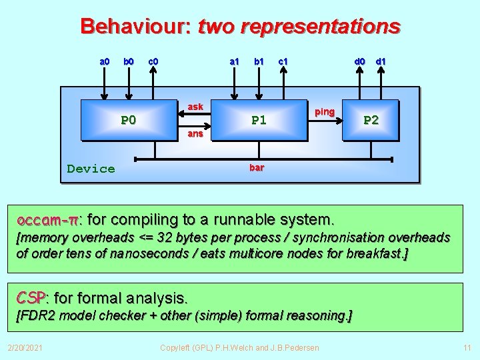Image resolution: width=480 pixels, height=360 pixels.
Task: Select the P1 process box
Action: pos(259,121)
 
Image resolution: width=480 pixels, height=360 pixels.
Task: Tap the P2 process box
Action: pos(371,120)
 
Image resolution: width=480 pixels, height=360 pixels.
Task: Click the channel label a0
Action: pos(105,62)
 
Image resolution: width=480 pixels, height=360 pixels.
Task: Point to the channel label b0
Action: pos(129,62)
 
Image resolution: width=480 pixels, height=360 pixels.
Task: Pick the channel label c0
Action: pos(153,62)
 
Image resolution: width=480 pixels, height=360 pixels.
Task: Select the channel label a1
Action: pos(235,62)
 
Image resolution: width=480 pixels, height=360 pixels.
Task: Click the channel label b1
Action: pos(259,62)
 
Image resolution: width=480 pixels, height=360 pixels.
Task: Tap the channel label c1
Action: pos(283,62)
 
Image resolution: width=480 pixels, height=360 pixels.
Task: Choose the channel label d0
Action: pos(359,62)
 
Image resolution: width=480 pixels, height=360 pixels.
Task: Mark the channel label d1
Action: pos(381,62)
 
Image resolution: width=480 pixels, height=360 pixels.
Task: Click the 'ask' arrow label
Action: pos(195,107)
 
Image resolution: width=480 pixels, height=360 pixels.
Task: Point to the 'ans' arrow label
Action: pos(195,133)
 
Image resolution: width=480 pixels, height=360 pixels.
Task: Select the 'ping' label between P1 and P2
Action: pos(325,111)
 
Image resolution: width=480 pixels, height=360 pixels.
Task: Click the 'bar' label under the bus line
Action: pos(257,167)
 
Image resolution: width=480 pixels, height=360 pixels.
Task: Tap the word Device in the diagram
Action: pos(91,169)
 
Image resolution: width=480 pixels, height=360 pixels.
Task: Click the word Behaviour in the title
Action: pos(135,27)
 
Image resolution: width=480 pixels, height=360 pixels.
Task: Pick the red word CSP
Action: pos(31,297)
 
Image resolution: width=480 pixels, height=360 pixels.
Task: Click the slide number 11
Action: pos(467,347)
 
